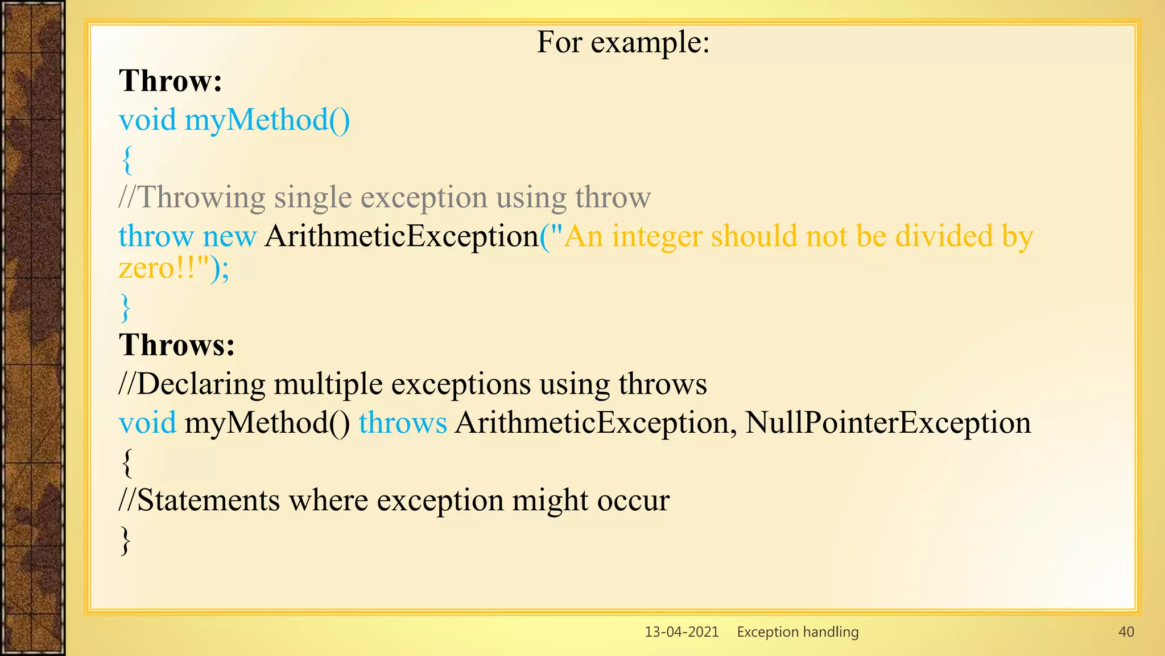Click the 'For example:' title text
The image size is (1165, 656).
click(623, 42)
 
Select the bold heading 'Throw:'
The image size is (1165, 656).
click(170, 81)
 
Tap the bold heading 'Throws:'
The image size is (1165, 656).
click(176, 345)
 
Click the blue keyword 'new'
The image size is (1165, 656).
click(229, 236)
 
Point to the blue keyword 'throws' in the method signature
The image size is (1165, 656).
click(403, 423)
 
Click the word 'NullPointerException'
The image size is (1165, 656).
click(887, 423)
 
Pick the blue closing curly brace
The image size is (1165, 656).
click(126, 308)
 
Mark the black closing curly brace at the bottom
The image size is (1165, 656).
click(126, 540)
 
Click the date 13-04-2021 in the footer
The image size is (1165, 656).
click(681, 632)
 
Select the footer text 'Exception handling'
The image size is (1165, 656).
click(798, 632)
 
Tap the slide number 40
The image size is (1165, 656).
click(1126, 632)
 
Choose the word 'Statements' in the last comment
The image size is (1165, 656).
click(208, 501)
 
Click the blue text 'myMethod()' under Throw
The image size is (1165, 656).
click(267, 121)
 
